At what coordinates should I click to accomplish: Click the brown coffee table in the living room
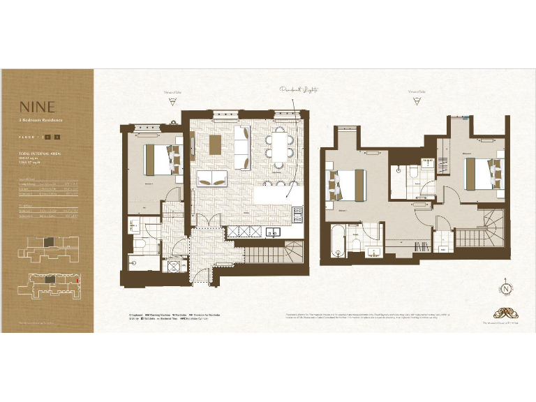(215, 143)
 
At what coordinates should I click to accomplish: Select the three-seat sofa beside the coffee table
(241, 147)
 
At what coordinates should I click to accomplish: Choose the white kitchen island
(276, 195)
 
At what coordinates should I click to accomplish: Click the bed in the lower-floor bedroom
(158, 160)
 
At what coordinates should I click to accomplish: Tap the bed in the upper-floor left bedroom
(346, 184)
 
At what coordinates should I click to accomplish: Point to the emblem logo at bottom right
(501, 311)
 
